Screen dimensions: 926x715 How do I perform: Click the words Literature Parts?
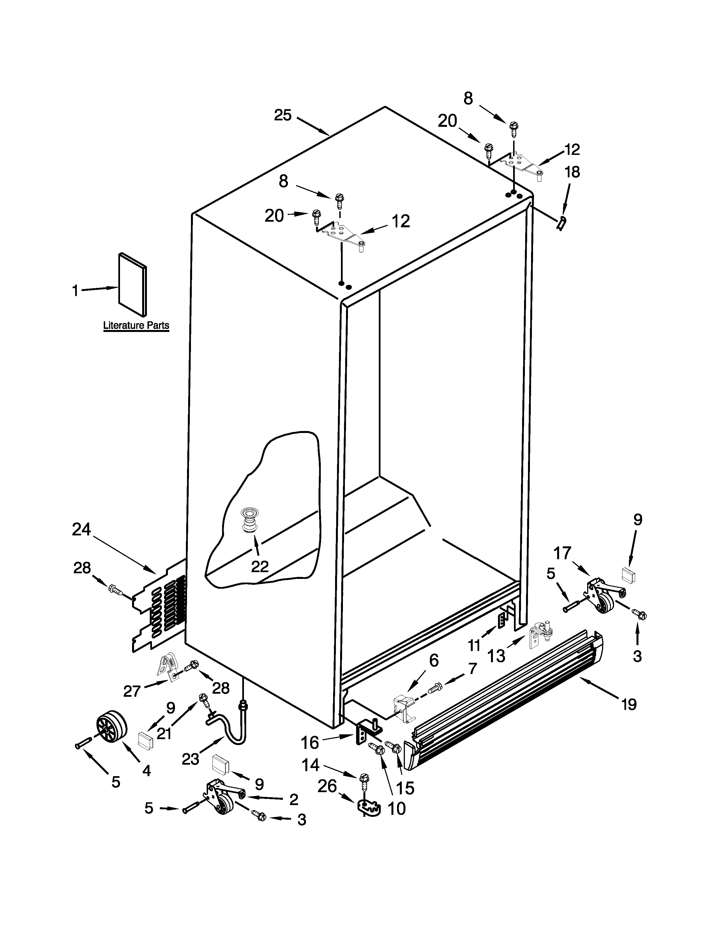click(x=136, y=326)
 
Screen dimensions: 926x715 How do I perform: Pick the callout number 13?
click(x=496, y=656)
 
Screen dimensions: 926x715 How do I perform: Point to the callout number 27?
click(x=132, y=691)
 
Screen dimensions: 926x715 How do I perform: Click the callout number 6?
click(x=434, y=660)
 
